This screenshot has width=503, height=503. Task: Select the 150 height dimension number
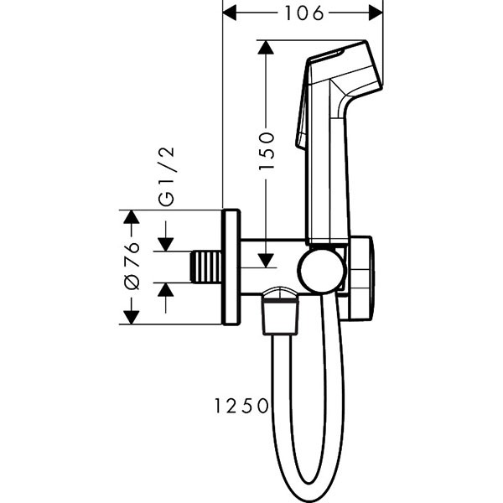[266, 152]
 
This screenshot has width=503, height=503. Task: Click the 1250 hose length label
[240, 406]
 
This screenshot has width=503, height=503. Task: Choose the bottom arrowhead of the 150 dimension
[266, 257]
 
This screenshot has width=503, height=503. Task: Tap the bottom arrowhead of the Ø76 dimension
[131, 316]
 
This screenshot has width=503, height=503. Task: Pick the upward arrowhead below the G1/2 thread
[165, 291]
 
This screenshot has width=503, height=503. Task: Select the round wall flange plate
[231, 267]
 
